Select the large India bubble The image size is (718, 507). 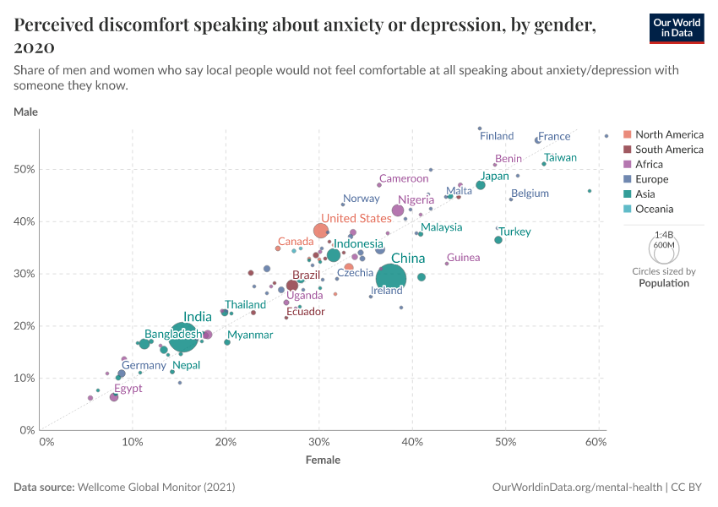pyautogui.click(x=182, y=336)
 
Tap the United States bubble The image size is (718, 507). pyautogui.click(x=321, y=231)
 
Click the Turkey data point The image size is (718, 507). pyautogui.click(x=498, y=240)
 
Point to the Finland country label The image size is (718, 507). pyautogui.click(x=497, y=136)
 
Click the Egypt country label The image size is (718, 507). pyautogui.click(x=128, y=389)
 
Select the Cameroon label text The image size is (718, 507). pyautogui.click(x=404, y=178)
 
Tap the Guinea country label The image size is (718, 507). pyautogui.click(x=464, y=258)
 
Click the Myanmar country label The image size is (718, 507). pyautogui.click(x=250, y=335)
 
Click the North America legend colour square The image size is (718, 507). pyautogui.click(x=627, y=134)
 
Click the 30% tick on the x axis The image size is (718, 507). pyautogui.click(x=318, y=442)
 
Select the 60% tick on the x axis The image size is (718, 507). pyautogui.click(x=596, y=442)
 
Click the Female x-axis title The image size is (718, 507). pyautogui.click(x=323, y=461)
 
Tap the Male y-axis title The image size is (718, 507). pyautogui.click(x=25, y=112)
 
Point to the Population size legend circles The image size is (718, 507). pyautogui.click(x=663, y=249)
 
